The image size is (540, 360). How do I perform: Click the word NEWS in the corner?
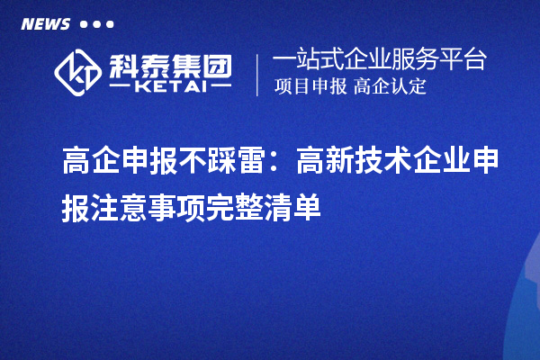click(x=45, y=24)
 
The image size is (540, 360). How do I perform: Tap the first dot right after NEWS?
click(x=85, y=24)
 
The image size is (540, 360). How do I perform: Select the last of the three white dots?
click(x=110, y=24)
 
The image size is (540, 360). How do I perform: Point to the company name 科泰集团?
click(x=170, y=63)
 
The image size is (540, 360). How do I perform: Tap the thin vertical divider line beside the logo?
click(x=258, y=74)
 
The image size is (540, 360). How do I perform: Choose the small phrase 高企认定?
click(x=391, y=87)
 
